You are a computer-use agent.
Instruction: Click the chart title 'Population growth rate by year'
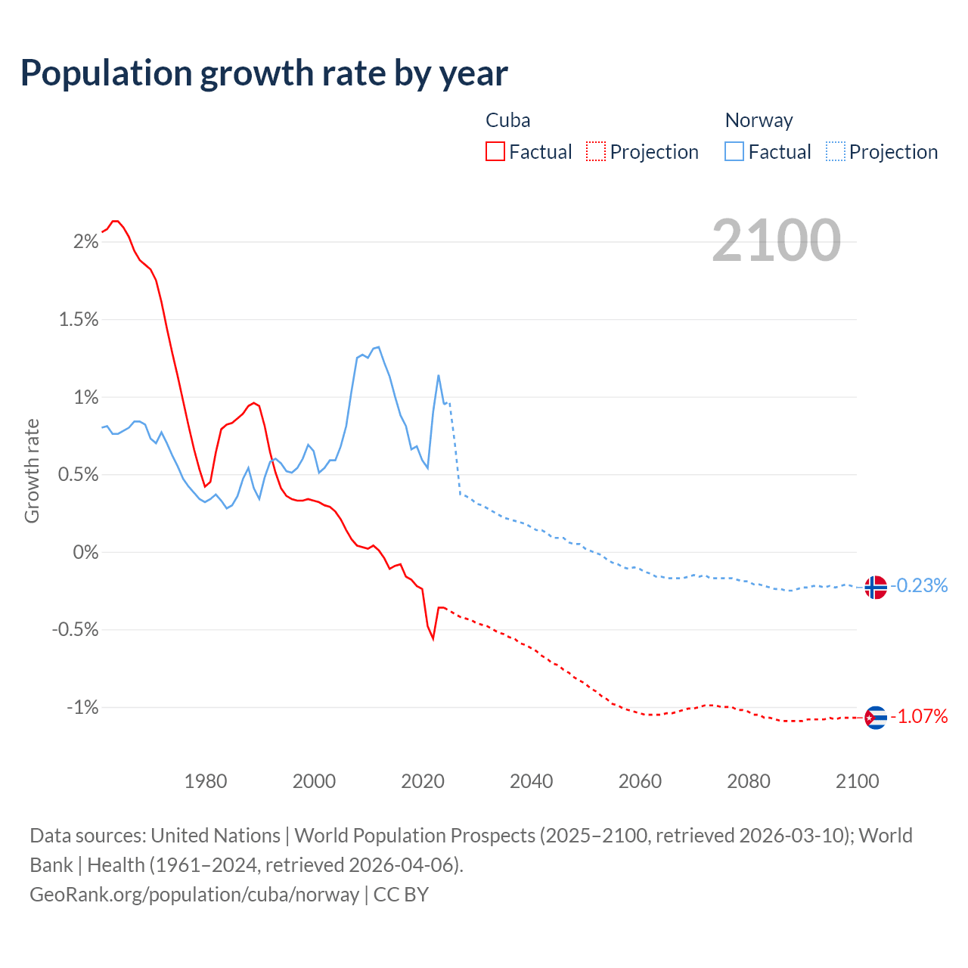click(x=264, y=73)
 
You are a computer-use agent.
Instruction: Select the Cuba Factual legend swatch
click(x=495, y=151)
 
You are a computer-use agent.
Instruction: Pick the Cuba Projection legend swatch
click(x=596, y=151)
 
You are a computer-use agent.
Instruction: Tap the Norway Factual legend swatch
click(x=734, y=151)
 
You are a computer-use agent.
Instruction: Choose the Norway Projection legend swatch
click(x=835, y=151)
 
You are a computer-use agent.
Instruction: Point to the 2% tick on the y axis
click(x=85, y=242)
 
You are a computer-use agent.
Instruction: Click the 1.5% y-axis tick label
click(x=79, y=320)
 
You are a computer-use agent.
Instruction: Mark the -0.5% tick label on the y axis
click(x=76, y=630)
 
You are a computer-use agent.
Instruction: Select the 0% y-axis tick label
click(x=85, y=553)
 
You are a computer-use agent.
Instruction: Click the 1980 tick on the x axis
click(x=206, y=781)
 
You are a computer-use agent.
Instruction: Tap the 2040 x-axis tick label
click(x=532, y=781)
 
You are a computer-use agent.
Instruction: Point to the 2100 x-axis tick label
click(x=857, y=781)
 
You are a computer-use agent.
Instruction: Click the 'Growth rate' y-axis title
click(x=32, y=470)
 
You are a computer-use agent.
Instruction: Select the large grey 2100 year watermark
click(x=776, y=240)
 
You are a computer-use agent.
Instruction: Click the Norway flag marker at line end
click(x=875, y=587)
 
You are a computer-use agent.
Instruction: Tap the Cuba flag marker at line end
click(x=875, y=717)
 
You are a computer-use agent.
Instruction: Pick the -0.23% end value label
click(x=919, y=586)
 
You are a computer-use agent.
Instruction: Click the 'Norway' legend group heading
click(x=759, y=120)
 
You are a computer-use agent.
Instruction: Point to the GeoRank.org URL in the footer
click(x=194, y=895)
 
